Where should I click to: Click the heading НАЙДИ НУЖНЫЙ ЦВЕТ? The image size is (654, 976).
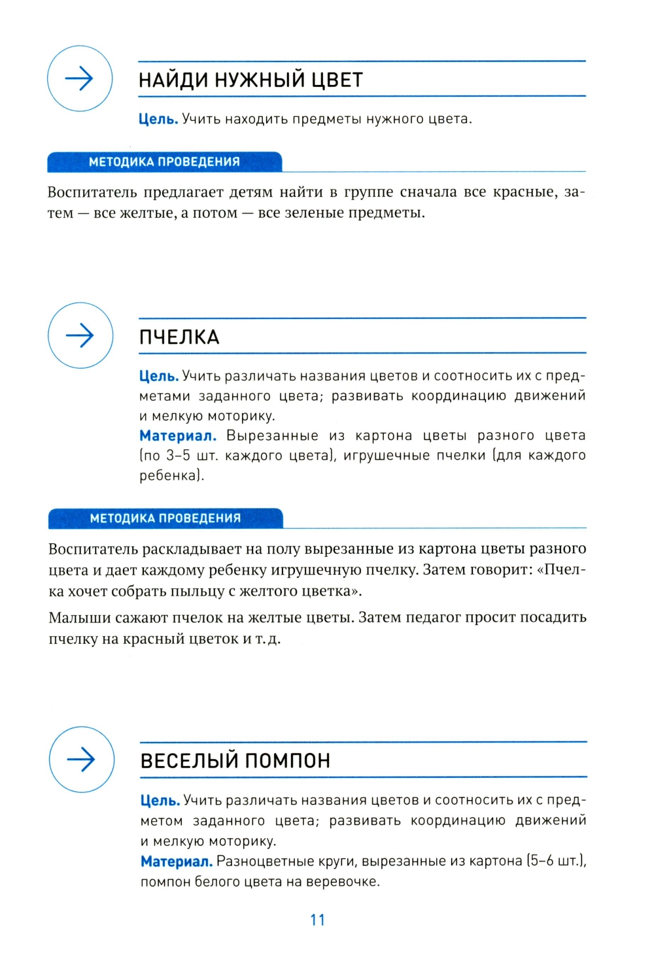tap(250, 80)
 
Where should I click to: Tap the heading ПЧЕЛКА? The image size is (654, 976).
tap(179, 337)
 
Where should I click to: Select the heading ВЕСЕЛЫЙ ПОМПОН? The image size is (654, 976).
tap(235, 760)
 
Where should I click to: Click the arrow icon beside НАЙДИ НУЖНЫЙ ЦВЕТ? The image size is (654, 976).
tap(80, 78)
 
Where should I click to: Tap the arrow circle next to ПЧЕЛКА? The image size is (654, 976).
tap(80, 335)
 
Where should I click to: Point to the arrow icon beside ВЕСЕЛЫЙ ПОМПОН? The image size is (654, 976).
tap(82, 759)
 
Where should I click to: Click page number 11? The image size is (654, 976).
tap(318, 920)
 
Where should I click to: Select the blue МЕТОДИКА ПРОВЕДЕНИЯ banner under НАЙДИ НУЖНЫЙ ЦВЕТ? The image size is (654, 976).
tap(164, 162)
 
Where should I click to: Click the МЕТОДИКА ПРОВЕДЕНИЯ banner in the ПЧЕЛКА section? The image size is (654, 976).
tap(165, 518)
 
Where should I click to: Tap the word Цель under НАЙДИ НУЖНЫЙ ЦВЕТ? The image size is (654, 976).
tap(158, 119)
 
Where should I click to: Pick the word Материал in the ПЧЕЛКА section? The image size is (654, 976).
tap(177, 435)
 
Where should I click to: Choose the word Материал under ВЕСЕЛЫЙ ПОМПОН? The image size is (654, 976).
tap(176, 861)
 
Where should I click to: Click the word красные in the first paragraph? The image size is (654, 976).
tap(524, 192)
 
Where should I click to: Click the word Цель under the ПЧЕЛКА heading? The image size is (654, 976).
tap(158, 376)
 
